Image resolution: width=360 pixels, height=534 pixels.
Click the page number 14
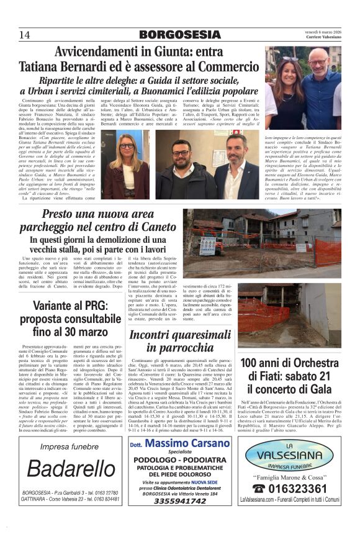click(x=24, y=34)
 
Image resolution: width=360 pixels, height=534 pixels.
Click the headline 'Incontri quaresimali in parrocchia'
click(x=180, y=341)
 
